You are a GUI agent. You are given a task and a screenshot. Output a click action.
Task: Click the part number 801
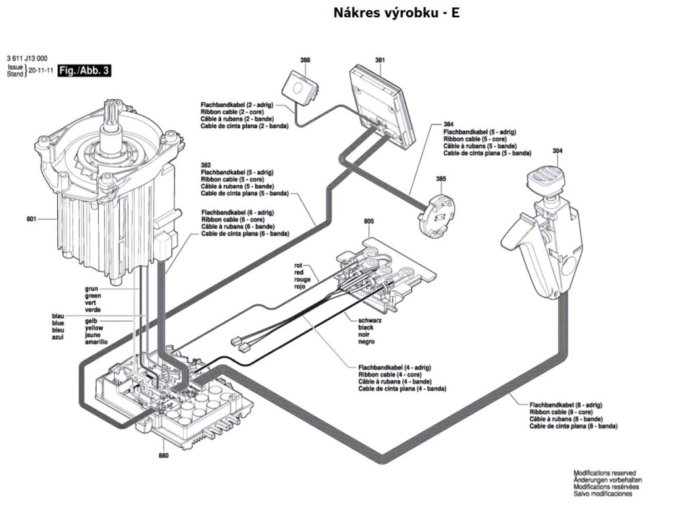coord(32,218)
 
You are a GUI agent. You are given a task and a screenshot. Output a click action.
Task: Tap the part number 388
coord(305,60)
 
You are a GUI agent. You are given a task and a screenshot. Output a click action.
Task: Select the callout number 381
coord(380,60)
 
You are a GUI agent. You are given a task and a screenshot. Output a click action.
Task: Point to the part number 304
coord(557,151)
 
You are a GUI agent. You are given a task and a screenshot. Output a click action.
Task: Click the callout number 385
coord(441,179)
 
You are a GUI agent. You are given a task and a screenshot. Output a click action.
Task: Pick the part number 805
coord(369,222)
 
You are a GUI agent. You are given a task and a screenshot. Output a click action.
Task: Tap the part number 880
coord(163,455)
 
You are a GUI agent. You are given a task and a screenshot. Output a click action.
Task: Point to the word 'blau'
coord(58,316)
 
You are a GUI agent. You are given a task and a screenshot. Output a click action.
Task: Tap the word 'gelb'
coord(91,322)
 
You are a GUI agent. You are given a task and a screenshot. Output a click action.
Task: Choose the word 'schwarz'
coord(370,320)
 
